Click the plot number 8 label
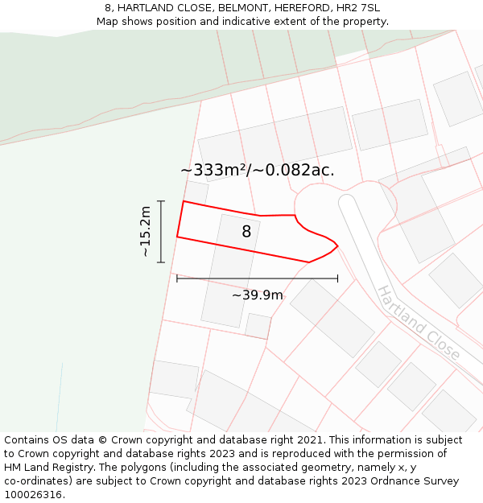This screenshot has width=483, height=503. click(x=246, y=232)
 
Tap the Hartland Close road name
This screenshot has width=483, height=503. click(x=418, y=323)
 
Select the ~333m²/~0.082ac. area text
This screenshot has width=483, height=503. click(x=257, y=170)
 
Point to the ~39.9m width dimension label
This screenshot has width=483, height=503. click(x=258, y=295)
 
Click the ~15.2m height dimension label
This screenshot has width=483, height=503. click(x=146, y=232)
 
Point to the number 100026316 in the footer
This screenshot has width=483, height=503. click(x=32, y=495)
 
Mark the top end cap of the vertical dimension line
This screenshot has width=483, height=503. click(x=161, y=201)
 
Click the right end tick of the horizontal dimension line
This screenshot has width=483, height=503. click(x=338, y=279)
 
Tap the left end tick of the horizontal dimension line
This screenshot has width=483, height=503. click(x=177, y=279)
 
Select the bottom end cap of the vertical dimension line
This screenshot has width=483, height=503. click(x=161, y=262)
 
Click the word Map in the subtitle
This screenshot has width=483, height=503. click(x=108, y=22)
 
